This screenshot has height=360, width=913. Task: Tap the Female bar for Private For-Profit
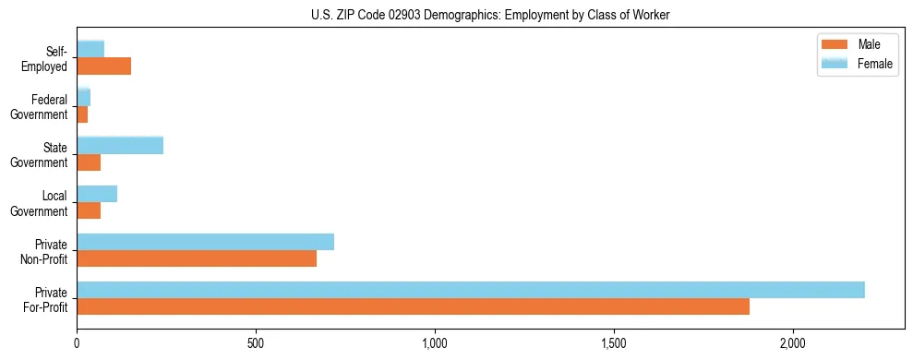pos(471,290)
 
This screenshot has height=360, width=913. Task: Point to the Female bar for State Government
pos(120,145)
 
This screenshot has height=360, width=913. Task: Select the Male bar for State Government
pos(89,162)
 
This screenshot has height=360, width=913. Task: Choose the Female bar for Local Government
pos(97,194)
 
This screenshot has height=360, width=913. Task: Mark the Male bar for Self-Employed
pos(104,66)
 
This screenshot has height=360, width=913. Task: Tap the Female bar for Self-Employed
pos(90,49)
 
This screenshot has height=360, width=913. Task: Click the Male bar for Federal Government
pos(82,114)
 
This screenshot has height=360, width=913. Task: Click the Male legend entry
pos(856,44)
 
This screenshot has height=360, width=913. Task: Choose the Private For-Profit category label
pos(45,299)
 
